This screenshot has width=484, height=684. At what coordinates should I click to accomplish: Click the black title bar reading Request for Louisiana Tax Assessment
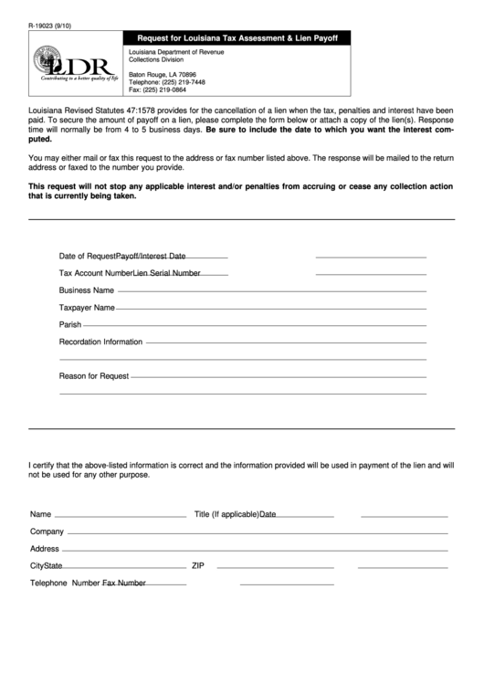pyautogui.click(x=237, y=38)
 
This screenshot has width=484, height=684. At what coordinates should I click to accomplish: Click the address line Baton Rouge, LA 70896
pyautogui.click(x=162, y=74)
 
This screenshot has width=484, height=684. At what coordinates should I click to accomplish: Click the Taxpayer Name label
pyautogui.click(x=87, y=307)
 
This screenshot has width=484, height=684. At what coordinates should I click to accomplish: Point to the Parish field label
pyautogui.click(x=70, y=324)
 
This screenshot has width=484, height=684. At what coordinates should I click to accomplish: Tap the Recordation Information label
pyautogui.click(x=100, y=342)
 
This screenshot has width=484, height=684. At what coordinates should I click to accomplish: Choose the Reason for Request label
pyautogui.click(x=94, y=375)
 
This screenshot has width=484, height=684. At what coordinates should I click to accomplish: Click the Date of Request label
pyautogui.click(x=88, y=256)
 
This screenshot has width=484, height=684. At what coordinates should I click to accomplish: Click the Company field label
pyautogui.click(x=47, y=531)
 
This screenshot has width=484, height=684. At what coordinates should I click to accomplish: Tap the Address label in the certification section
pyautogui.click(x=45, y=549)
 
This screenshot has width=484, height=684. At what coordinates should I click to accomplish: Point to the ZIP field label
pyautogui.click(x=197, y=565)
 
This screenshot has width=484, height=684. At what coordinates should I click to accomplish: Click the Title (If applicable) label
pyautogui.click(x=226, y=514)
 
